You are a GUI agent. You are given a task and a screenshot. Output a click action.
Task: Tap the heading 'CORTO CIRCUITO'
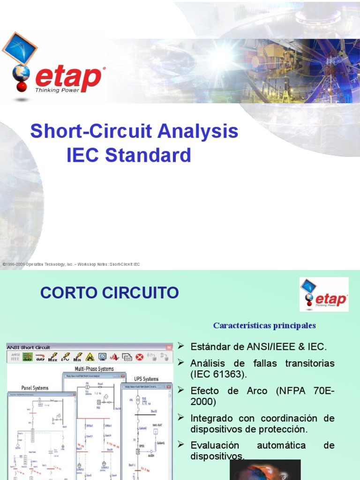click(x=110, y=293)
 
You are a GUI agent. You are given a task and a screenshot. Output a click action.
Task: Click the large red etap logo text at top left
click(x=68, y=78)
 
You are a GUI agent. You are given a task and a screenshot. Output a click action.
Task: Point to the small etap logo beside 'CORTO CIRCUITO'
click(x=324, y=294)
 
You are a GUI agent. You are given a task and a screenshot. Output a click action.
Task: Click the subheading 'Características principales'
click(x=264, y=325)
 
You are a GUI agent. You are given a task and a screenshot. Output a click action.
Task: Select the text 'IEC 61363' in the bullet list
click(x=216, y=375)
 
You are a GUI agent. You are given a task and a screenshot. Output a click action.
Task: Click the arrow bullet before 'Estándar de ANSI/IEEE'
click(x=180, y=346)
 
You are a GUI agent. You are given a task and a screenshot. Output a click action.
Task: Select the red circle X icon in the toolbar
click(x=139, y=357)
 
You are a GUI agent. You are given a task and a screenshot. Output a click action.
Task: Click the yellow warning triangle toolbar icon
click(x=90, y=357)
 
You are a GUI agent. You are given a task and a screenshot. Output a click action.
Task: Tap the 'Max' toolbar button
click(x=53, y=357)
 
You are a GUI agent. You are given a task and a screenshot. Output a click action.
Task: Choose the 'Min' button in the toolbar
click(x=77, y=357)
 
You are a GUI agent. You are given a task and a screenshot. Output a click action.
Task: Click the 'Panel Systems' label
click(x=35, y=388)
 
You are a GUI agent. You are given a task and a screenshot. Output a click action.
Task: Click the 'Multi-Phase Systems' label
click(x=94, y=369)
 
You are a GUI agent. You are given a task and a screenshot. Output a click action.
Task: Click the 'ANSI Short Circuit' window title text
click(x=29, y=346)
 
